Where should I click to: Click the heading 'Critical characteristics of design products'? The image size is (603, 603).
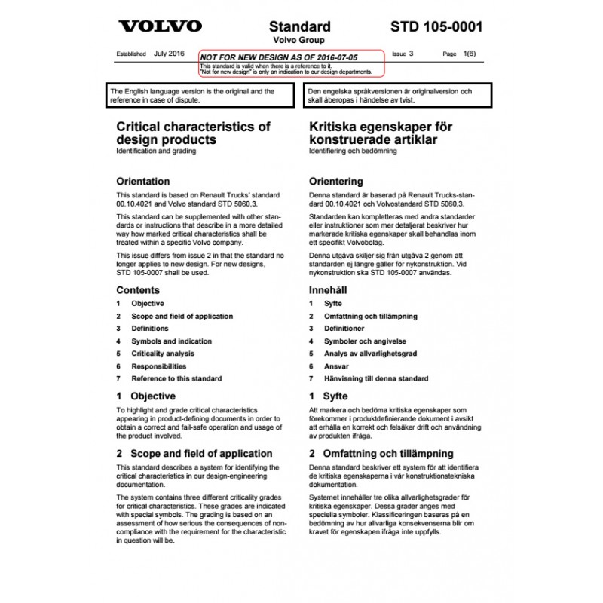(x=193, y=133)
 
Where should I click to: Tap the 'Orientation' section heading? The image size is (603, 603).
(x=143, y=182)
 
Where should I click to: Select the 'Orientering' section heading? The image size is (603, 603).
(x=336, y=182)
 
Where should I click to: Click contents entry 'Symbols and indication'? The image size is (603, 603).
(x=171, y=341)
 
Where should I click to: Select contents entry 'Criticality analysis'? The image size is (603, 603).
(x=163, y=353)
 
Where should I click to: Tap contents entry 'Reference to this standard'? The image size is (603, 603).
(x=176, y=378)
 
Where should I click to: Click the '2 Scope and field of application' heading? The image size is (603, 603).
(x=194, y=454)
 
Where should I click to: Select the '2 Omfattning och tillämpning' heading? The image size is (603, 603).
(x=381, y=454)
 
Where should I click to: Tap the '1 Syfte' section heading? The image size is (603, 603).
(x=329, y=396)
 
